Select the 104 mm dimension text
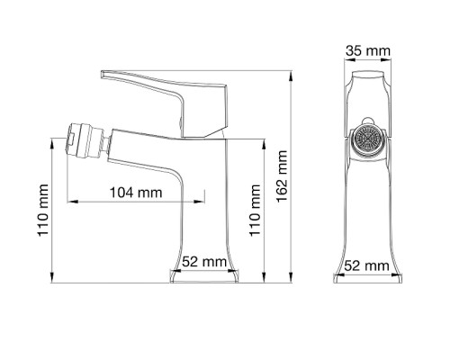[135, 192]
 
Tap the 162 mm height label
[285, 176]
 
